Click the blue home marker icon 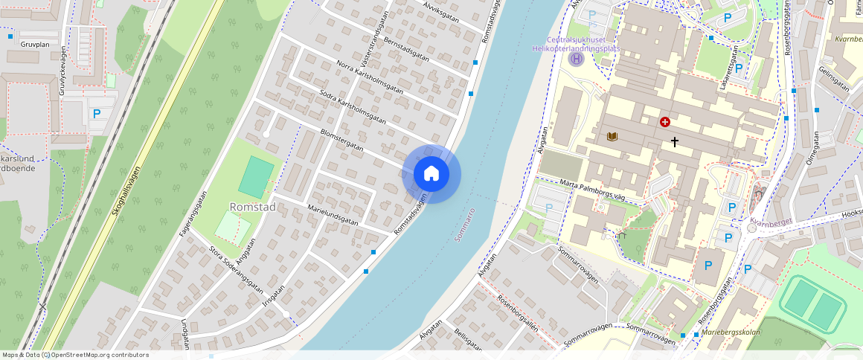point(431,174)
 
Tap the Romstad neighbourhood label point(253,207)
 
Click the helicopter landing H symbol point(576,59)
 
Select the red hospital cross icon point(664,121)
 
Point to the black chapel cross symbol point(675,141)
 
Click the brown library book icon point(612,137)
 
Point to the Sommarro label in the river point(467,222)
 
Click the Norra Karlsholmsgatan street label point(369,77)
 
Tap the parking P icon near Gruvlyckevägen point(96,115)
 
